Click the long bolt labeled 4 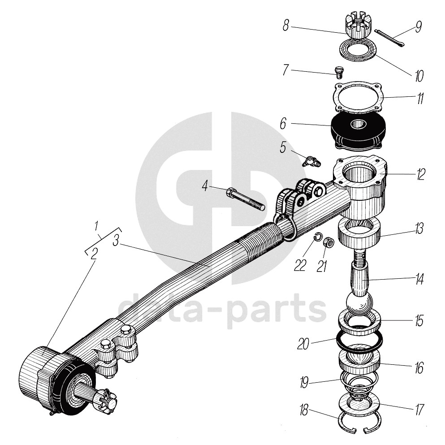(x=246, y=200)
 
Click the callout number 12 (x=420, y=175)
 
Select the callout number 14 (x=419, y=280)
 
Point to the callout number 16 (x=419, y=368)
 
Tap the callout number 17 (x=419, y=409)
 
